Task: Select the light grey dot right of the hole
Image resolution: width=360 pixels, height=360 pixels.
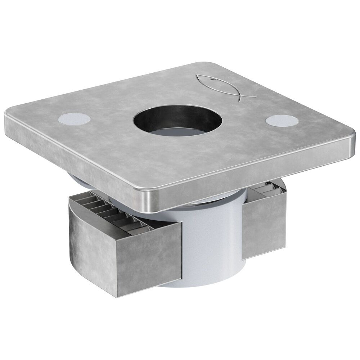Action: click(281, 120)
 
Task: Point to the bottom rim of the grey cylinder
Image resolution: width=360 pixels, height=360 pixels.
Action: click(202, 283)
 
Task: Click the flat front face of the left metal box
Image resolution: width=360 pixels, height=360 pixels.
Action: click(148, 263)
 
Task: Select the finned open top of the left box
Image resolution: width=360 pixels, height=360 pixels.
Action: click(108, 212)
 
